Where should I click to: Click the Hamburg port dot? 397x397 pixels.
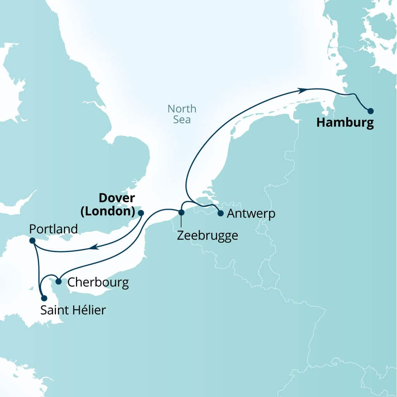point(371,111)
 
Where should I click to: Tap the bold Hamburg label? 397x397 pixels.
point(345,123)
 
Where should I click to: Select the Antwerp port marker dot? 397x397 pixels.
point(220,213)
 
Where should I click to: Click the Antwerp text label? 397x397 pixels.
point(251,214)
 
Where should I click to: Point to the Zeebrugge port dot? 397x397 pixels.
point(181,212)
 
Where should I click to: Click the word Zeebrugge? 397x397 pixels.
point(207,235)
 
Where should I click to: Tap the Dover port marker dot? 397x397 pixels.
point(141,213)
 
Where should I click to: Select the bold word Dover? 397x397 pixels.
point(117,198)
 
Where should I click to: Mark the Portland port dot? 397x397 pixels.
point(33,241)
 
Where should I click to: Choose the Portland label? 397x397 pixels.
point(53,229)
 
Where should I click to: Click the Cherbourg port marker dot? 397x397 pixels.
point(59,281)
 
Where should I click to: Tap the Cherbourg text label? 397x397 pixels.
point(98,282)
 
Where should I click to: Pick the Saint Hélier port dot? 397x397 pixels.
point(44,298)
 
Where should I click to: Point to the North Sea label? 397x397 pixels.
point(182,114)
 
